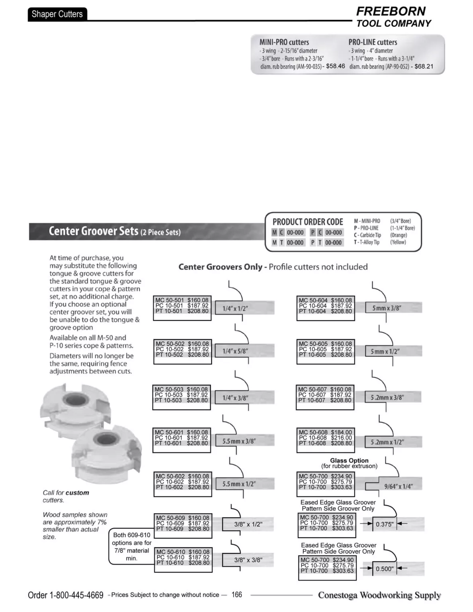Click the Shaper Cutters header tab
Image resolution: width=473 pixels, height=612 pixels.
point(57,14)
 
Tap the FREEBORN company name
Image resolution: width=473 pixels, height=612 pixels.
point(391,11)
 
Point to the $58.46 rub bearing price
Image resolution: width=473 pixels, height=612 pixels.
point(335,66)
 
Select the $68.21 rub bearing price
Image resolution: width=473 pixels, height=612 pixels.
point(424,67)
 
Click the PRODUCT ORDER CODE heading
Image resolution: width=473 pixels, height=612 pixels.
point(308,222)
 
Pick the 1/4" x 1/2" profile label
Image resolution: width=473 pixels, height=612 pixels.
point(235,308)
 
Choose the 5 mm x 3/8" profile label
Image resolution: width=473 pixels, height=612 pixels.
point(387,308)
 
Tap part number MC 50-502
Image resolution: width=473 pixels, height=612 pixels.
point(171,343)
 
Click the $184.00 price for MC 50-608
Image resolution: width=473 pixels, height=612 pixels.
point(342,432)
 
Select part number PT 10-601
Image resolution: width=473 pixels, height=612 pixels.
point(169,443)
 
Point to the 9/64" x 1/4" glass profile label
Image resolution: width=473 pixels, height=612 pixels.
point(398,486)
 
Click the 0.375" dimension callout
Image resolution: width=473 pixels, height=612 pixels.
point(385,524)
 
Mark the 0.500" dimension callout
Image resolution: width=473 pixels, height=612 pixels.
point(385,569)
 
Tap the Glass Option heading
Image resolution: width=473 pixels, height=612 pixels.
point(349,461)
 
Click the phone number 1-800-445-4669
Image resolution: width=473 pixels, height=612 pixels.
point(76,595)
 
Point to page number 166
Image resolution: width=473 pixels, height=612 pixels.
point(237,594)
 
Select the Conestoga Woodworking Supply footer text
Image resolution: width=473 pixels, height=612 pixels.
point(379,595)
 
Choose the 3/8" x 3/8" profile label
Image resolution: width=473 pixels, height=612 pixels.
point(248,560)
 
